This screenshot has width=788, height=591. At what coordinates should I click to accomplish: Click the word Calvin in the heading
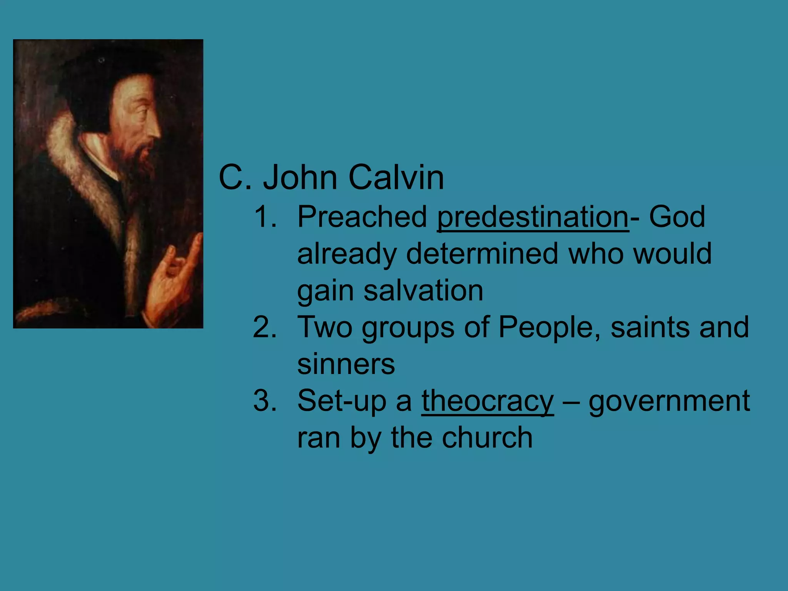coord(396,177)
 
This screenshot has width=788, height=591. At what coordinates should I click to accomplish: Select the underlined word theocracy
coord(487,401)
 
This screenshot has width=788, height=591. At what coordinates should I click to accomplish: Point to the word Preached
coord(362,217)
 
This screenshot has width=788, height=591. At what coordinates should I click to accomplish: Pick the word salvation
coord(423,290)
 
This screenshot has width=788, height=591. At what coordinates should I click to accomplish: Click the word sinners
coord(346,364)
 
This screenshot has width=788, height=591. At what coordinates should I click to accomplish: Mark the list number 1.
coord(265,217)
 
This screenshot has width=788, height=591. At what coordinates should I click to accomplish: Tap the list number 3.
coord(265,401)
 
